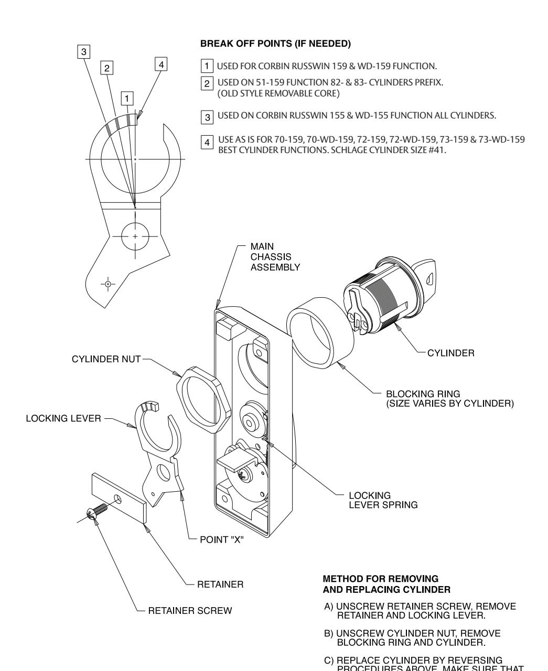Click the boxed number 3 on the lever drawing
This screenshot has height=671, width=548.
pyautogui.click(x=83, y=51)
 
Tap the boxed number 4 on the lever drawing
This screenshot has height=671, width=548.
pyautogui.click(x=162, y=64)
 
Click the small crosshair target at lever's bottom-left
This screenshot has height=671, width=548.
pyautogui.click(x=108, y=284)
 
